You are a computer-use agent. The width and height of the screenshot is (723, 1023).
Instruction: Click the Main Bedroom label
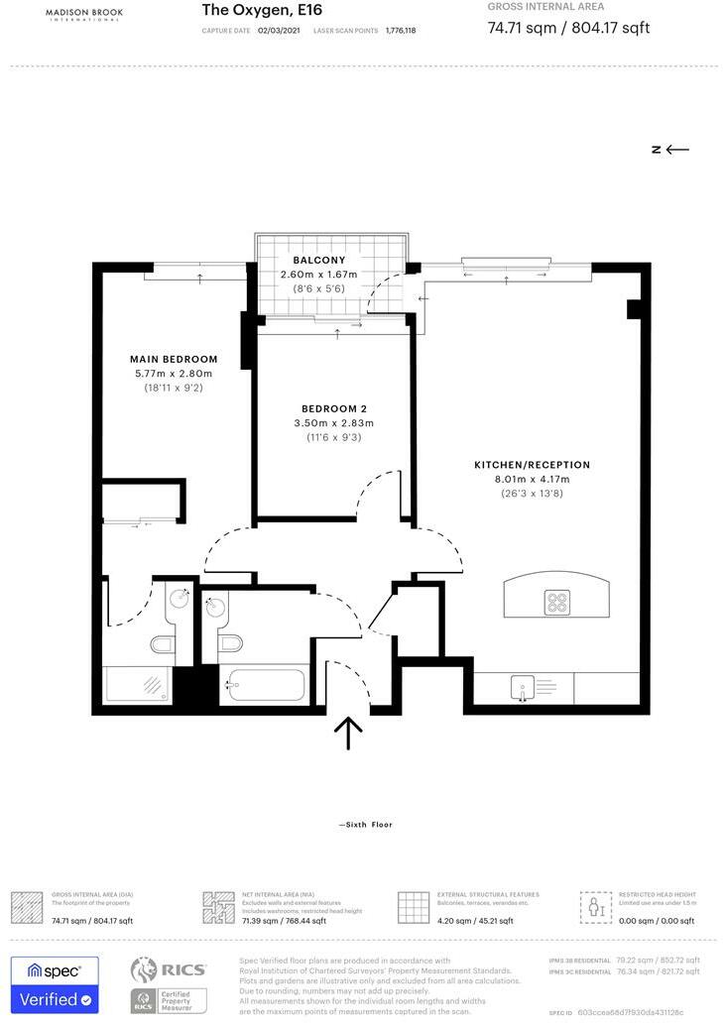174,359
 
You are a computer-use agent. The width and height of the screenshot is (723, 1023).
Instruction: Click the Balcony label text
318,260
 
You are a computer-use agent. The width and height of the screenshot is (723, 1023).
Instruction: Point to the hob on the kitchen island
557,601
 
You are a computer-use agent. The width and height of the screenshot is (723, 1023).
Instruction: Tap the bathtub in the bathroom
265,684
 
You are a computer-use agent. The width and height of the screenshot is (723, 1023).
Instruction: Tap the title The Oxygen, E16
262,10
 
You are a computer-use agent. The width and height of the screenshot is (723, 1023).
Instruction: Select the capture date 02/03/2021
279,31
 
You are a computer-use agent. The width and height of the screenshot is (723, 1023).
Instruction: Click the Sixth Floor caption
366,824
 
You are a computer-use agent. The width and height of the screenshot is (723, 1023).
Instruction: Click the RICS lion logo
146,969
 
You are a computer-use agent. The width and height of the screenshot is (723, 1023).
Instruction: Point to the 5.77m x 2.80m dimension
174,374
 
